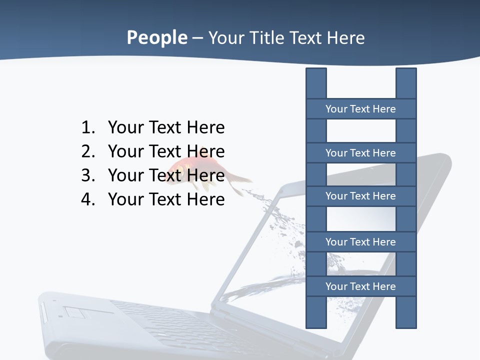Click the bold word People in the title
click(x=156, y=37)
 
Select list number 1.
click(x=87, y=127)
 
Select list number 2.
click(x=87, y=151)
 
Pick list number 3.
click(x=87, y=175)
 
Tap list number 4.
click(x=87, y=199)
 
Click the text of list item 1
click(x=166, y=127)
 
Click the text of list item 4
click(x=166, y=199)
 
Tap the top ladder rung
click(x=360, y=109)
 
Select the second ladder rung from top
click(x=360, y=153)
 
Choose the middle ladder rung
click(x=360, y=196)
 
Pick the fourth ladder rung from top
click(x=360, y=242)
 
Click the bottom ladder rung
click(x=360, y=286)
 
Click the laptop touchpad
click(x=75, y=313)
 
